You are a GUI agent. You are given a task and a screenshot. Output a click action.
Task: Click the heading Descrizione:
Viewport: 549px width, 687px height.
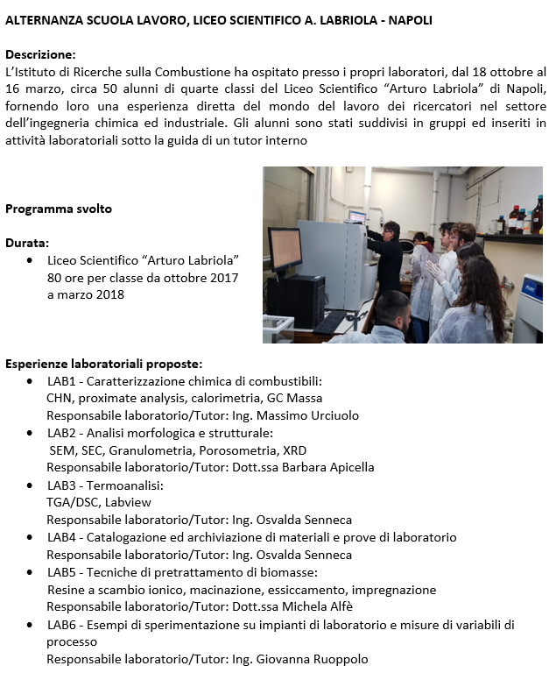(40, 54)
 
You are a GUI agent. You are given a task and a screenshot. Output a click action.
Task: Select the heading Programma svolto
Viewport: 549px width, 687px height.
(59, 209)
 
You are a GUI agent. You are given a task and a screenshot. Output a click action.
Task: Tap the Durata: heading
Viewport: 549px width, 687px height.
(27, 243)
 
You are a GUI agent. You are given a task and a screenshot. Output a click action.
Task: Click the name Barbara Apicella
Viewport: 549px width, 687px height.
(329, 467)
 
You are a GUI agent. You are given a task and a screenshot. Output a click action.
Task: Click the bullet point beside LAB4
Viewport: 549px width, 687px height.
(30, 537)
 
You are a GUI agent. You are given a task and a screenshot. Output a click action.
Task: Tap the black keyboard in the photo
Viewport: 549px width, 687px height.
(329, 322)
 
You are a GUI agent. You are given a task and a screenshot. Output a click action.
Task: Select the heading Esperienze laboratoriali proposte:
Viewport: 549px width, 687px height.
(104, 363)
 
